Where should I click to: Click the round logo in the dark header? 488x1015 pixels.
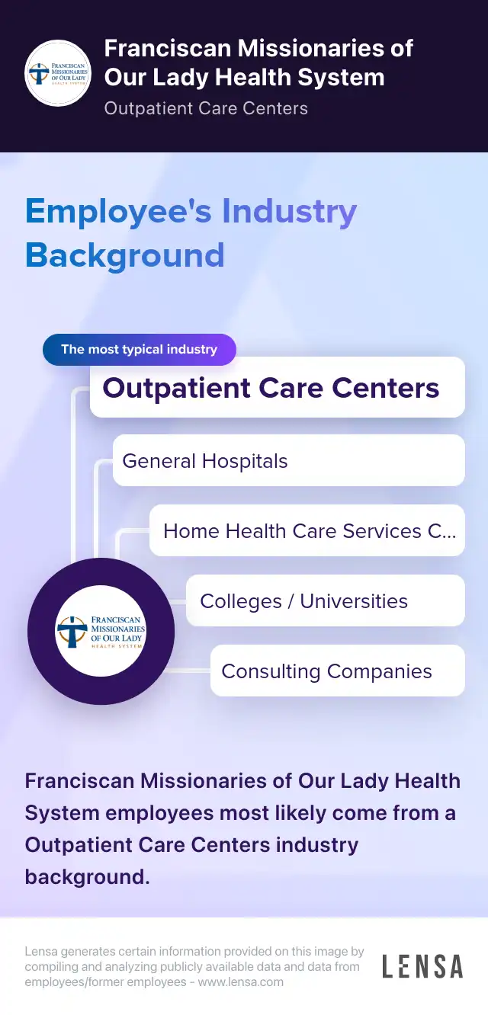(x=58, y=73)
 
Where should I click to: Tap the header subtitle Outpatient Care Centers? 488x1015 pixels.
(x=206, y=109)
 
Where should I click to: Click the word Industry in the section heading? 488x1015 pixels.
(x=289, y=212)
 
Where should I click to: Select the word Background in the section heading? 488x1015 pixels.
(x=125, y=256)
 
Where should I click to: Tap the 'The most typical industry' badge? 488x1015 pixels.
(x=140, y=349)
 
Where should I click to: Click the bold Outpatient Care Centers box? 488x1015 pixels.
(x=277, y=387)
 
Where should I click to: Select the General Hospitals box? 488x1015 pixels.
(x=288, y=460)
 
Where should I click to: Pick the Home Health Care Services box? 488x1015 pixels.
(x=307, y=530)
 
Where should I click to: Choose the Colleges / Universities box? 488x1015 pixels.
(x=325, y=600)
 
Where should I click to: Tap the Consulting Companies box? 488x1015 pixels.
(x=338, y=671)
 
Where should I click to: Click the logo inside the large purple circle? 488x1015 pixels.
(x=101, y=631)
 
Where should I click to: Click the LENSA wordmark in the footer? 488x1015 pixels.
(x=422, y=966)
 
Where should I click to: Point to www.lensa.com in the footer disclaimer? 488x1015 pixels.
(x=240, y=982)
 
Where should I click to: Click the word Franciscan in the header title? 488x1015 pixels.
(x=167, y=48)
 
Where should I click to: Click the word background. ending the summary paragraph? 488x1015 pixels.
(x=87, y=877)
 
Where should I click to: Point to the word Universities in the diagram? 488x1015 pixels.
(x=354, y=601)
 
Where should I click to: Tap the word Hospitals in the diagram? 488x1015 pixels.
(x=245, y=462)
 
